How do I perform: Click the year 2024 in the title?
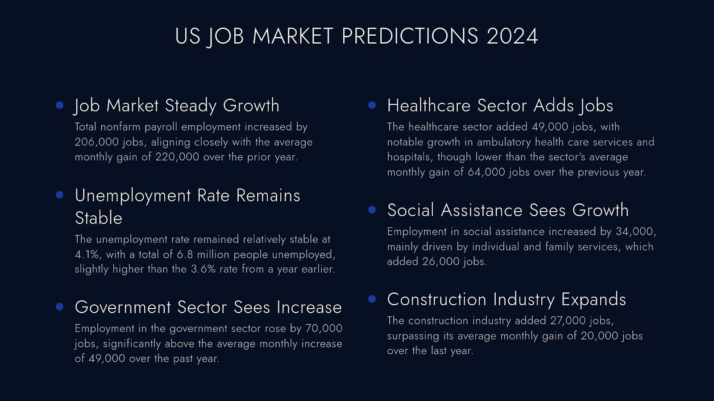point(512,36)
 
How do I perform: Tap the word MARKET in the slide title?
point(293,36)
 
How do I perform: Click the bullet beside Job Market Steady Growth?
point(60,105)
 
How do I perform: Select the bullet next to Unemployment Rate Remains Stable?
point(60,195)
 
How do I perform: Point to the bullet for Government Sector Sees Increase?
point(60,307)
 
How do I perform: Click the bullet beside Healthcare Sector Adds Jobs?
point(372,105)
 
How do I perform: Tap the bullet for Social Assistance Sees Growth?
point(372,209)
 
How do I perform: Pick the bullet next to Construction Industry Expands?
point(372,299)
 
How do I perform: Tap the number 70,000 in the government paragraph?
point(324,328)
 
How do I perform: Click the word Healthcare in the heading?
point(429,106)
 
